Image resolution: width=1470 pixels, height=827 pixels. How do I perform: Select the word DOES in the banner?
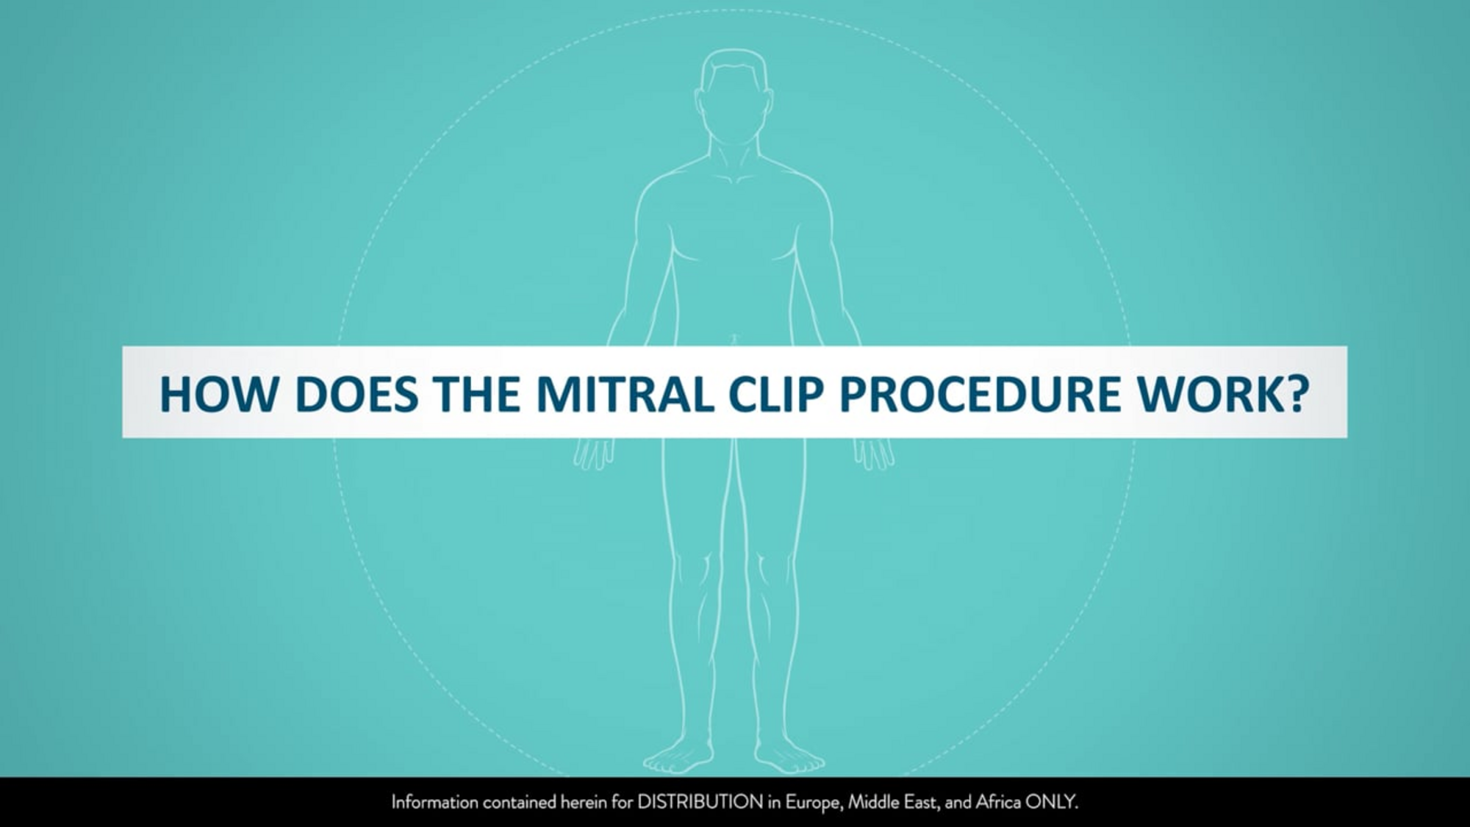(x=356, y=394)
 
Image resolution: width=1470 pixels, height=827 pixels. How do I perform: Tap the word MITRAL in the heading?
(x=625, y=394)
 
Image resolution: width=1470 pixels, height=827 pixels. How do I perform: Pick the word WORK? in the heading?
(x=1224, y=394)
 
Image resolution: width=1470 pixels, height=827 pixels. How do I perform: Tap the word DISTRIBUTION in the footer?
(x=700, y=802)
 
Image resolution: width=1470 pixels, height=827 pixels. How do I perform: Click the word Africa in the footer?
(x=998, y=802)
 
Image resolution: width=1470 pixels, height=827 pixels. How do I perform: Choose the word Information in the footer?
(x=434, y=802)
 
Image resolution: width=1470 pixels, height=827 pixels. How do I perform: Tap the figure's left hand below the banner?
(x=873, y=453)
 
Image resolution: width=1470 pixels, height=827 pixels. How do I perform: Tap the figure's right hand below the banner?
(x=594, y=453)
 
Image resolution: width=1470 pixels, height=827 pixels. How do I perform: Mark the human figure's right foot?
(x=678, y=757)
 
